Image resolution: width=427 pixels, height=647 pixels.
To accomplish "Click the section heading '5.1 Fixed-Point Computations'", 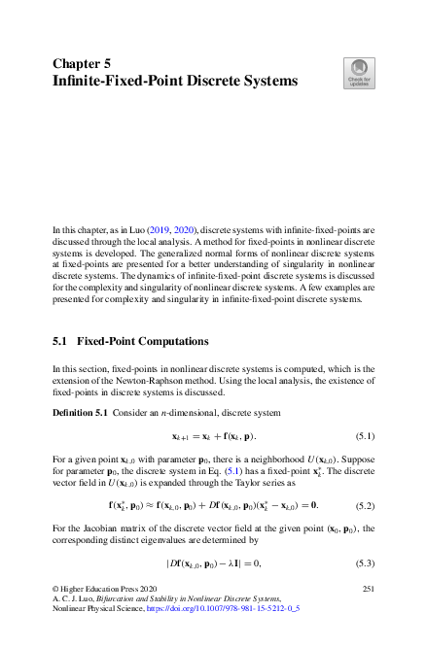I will tap(130, 343).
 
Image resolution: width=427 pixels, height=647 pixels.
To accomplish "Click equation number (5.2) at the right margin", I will tap(364, 505).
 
